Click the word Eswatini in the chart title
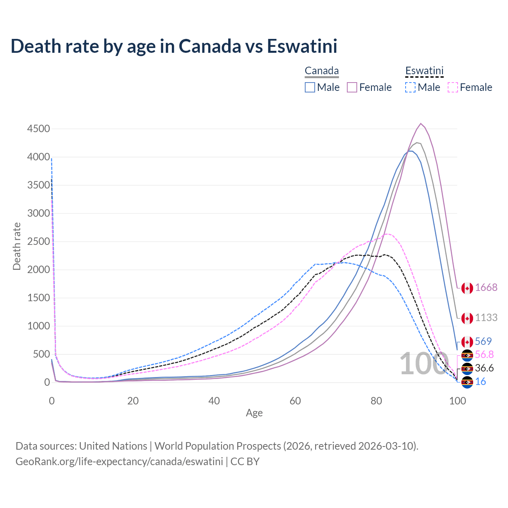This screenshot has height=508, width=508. tap(302, 46)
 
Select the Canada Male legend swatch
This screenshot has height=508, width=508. tap(310, 87)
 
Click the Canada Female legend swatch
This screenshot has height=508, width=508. tap(352, 87)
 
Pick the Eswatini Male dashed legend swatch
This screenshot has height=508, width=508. tap(410, 87)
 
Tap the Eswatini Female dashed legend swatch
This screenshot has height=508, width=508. tap(453, 87)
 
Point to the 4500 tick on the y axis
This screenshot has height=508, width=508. tap(38, 129)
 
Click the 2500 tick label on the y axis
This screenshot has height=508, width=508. tap(38, 241)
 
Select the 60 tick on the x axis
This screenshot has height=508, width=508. tap(295, 401)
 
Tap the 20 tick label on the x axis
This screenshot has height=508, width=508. tap(133, 401)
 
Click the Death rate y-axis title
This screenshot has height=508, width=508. tap(17, 246)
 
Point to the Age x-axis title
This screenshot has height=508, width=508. tap(254, 413)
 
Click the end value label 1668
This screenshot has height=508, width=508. tap(486, 287)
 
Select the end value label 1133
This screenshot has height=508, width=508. tap(486, 317)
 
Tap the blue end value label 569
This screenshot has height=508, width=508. tap(483, 341)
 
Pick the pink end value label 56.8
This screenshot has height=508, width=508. tap(484, 354)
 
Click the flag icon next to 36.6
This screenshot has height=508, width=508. tap(467, 368)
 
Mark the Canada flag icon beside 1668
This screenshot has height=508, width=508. tap(467, 288)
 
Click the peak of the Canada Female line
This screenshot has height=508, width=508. tap(421, 123)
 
